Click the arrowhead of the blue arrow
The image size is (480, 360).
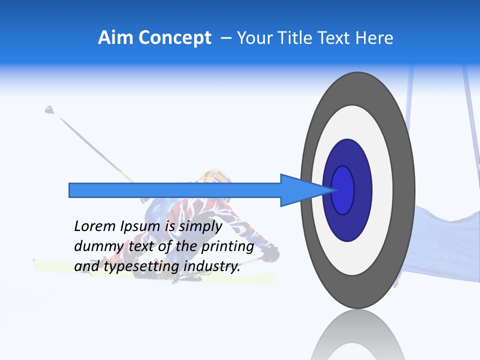point(300,190)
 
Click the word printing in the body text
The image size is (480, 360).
point(227,247)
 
